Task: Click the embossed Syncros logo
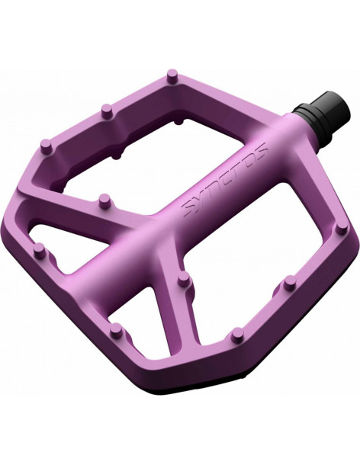tap(225, 181)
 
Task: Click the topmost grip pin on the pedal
tap(172, 75)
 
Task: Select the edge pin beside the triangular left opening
tap(40, 251)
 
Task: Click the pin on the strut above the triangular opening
tap(104, 201)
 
